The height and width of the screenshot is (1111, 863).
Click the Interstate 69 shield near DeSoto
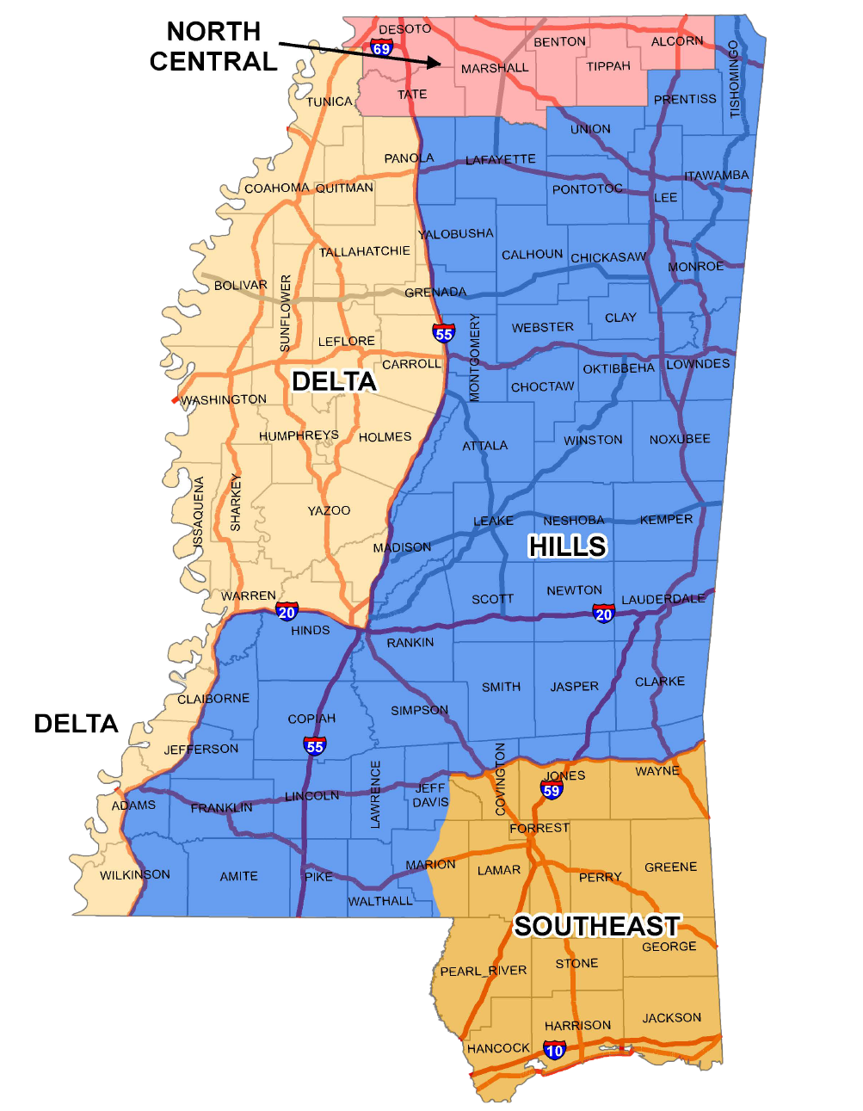(381, 48)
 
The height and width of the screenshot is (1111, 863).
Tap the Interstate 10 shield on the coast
(555, 1050)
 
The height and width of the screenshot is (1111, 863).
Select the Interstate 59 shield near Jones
(552, 790)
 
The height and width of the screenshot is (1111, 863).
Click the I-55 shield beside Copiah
(315, 746)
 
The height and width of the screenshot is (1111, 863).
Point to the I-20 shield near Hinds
(287, 612)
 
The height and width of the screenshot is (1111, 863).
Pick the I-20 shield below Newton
(604, 614)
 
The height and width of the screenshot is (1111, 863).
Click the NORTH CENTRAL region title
(213, 46)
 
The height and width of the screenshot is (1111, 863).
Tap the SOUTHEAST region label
(597, 926)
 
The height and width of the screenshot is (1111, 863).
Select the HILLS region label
(567, 546)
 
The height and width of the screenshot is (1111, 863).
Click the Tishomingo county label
(734, 79)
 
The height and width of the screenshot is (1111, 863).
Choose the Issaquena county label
(199, 513)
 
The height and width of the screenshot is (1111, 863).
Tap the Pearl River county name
(483, 971)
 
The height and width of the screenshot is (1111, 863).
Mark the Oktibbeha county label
(619, 368)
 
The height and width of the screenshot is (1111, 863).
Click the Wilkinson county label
(135, 875)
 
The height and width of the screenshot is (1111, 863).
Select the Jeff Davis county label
(430, 795)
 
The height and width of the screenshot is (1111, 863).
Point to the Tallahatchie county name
(365, 252)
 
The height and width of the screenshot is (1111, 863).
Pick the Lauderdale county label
(663, 599)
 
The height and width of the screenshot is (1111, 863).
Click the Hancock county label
(498, 1048)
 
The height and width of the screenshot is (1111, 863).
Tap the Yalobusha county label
(456, 234)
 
